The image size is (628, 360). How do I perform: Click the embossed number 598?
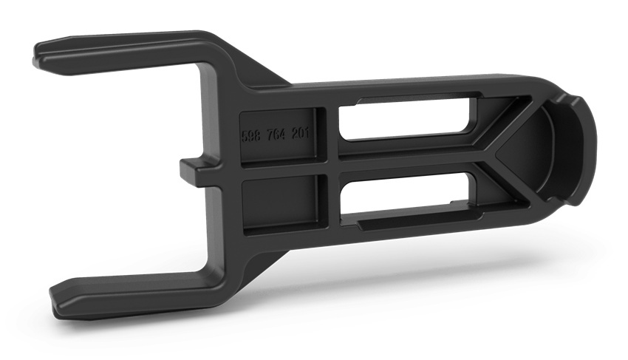(x=252, y=137)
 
